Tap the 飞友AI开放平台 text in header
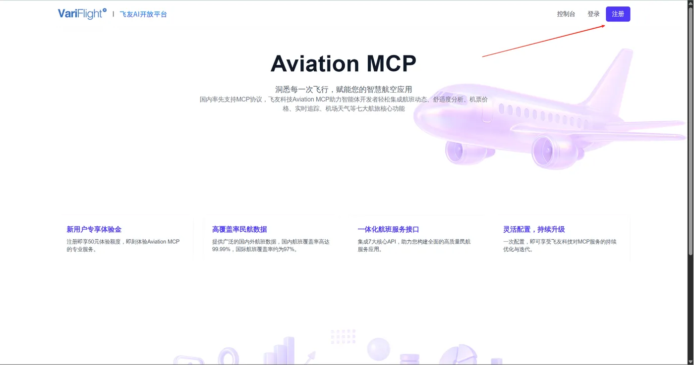click(143, 14)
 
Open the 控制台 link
click(566, 14)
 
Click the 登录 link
click(593, 14)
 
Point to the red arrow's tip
click(605, 25)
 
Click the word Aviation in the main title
click(314, 63)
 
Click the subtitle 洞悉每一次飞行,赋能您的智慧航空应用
click(344, 90)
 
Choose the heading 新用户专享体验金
click(94, 229)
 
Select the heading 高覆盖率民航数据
click(239, 229)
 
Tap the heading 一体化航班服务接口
click(388, 229)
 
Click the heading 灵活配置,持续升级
click(534, 229)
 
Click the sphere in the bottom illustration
click(379, 349)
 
